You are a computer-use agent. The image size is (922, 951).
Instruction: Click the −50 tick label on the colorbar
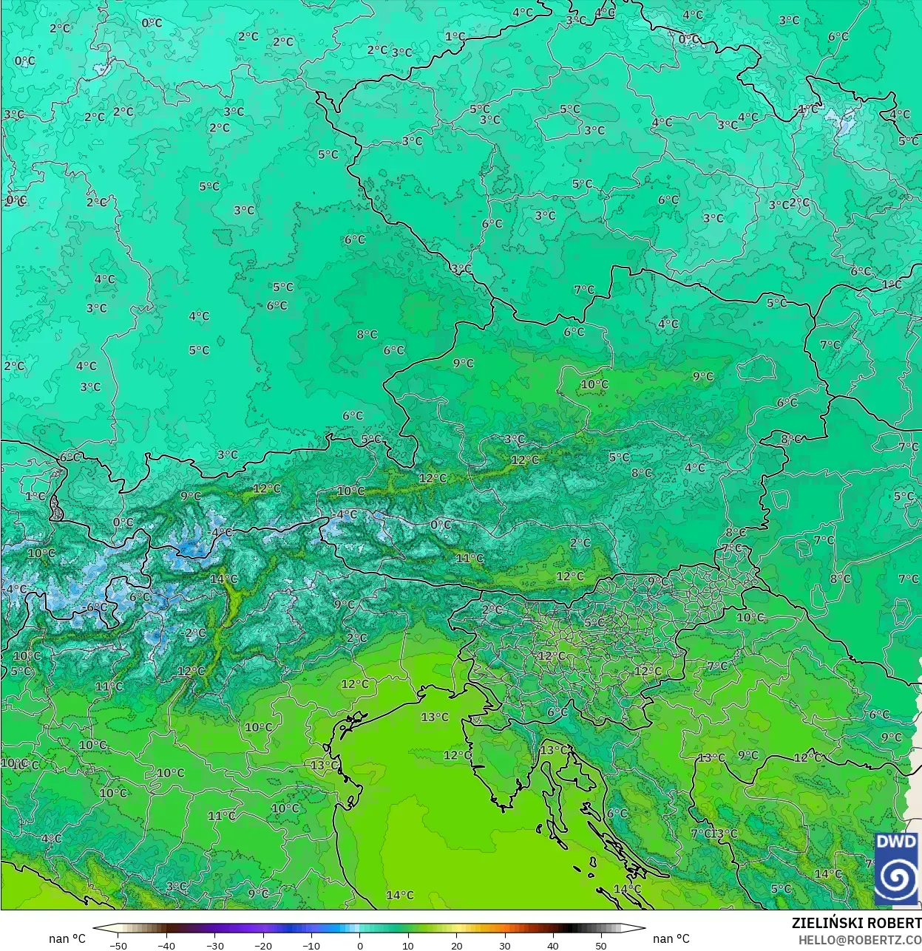(x=118, y=946)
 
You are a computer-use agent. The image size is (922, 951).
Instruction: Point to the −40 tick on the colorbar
(x=166, y=946)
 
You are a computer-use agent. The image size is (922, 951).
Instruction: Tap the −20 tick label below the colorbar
(x=263, y=946)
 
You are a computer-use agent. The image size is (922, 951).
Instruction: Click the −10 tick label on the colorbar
(x=311, y=946)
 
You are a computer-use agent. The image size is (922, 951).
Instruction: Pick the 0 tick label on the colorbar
(x=360, y=946)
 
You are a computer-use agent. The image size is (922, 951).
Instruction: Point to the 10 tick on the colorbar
(x=408, y=946)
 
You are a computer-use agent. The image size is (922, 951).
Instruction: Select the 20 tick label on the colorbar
(x=456, y=946)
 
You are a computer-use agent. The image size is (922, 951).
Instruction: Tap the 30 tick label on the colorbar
(x=504, y=946)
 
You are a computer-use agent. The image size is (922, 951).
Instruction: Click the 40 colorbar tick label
(x=553, y=946)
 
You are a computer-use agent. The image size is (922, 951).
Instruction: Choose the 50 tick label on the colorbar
(x=601, y=946)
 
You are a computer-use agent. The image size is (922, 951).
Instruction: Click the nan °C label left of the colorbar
(x=67, y=938)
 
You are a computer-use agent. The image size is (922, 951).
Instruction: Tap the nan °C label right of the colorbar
(x=671, y=938)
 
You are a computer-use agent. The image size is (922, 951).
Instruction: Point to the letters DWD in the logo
(x=896, y=842)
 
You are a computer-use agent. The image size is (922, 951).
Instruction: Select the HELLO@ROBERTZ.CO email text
(x=859, y=940)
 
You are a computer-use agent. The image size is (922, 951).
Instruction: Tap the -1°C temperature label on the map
(x=807, y=109)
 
